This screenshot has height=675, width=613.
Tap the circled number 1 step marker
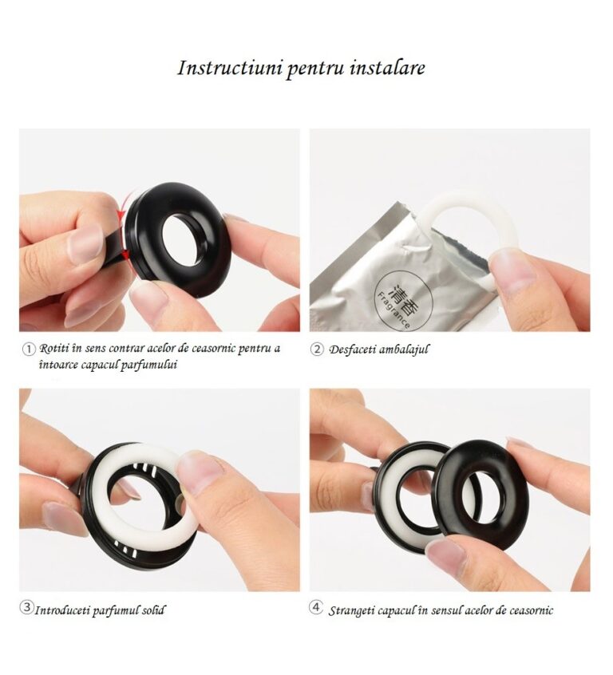tap(29, 349)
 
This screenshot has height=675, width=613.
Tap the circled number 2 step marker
tap(316, 349)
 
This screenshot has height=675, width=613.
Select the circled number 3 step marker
tap(26, 607)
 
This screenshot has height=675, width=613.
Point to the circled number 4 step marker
tap(316, 607)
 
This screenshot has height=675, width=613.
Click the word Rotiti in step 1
tap(52, 348)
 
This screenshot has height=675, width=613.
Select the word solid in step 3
tap(154, 610)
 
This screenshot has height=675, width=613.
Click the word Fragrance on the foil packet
tap(393, 310)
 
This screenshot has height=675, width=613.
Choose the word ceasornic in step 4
tap(531, 610)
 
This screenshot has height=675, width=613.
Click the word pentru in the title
tap(315, 69)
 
